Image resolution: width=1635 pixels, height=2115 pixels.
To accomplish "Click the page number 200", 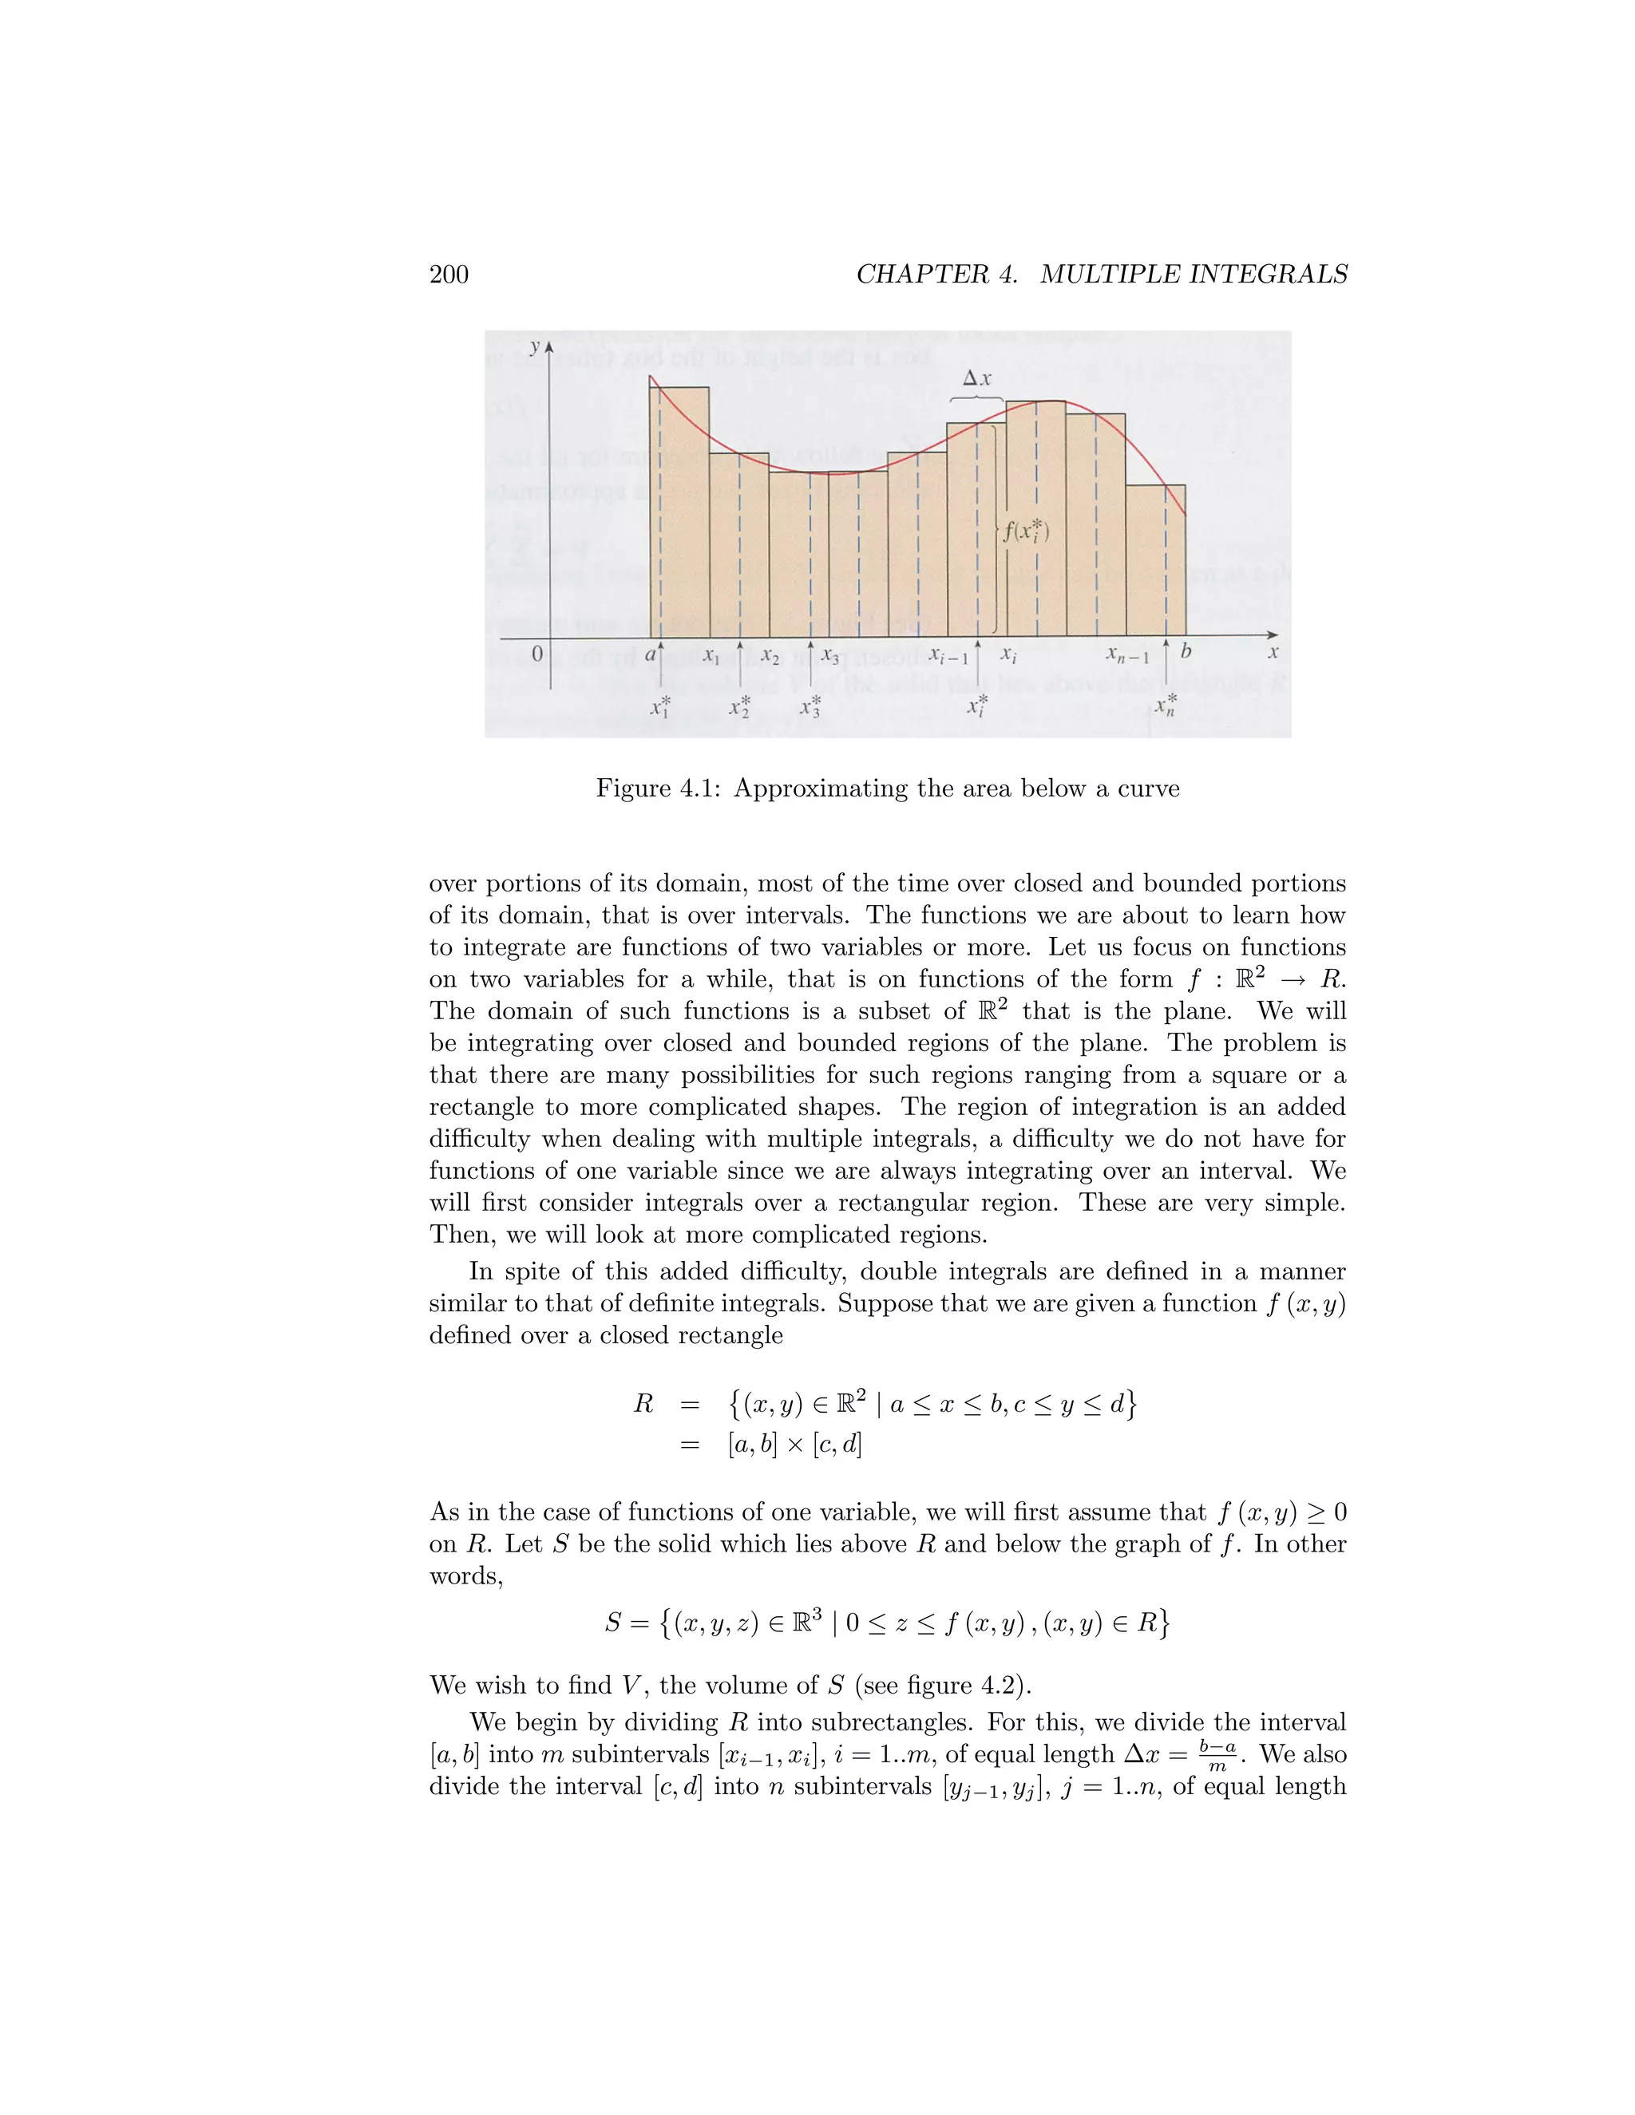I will (x=449, y=275).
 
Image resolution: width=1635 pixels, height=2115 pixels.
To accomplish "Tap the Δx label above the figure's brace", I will (x=976, y=380).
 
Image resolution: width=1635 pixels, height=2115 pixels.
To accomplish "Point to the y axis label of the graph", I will (x=534, y=346).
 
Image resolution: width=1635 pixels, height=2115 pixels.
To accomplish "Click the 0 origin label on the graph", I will (x=536, y=654).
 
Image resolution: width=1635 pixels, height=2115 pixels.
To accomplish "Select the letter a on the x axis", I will (x=650, y=654).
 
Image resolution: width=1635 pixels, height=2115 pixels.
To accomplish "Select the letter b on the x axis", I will (x=1185, y=653).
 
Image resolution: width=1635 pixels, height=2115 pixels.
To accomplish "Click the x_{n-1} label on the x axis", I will (x=1127, y=657).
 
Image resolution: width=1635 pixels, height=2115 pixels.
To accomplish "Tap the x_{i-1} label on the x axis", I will (x=948, y=657).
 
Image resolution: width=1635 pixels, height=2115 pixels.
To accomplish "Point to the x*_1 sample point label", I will (x=659, y=706).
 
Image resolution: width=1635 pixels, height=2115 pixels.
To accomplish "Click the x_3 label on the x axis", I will (x=830, y=657).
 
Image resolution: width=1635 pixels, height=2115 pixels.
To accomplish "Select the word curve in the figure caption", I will (x=1148, y=789).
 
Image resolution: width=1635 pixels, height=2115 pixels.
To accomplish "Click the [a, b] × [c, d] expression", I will (x=794, y=1445).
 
